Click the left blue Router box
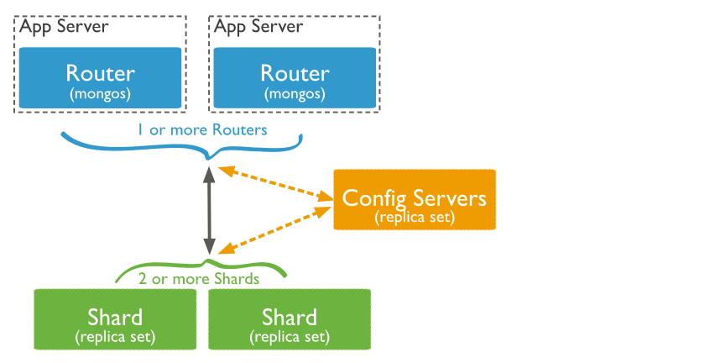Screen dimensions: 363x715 click(x=100, y=77)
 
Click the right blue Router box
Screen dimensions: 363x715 click(x=295, y=77)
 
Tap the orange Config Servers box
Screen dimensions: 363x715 click(x=415, y=199)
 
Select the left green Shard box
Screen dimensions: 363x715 click(x=114, y=319)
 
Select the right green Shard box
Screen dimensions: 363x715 click(x=289, y=319)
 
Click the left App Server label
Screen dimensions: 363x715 click(x=64, y=26)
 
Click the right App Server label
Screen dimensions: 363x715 click(x=258, y=26)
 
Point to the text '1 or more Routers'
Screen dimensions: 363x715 click(x=202, y=130)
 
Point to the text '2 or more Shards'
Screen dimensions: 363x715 click(x=199, y=278)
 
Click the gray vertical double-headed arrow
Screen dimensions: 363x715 click(x=208, y=210)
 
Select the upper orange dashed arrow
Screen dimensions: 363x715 click(x=274, y=183)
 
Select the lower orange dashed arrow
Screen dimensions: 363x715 click(x=274, y=229)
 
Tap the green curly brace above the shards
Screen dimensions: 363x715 click(x=134, y=271)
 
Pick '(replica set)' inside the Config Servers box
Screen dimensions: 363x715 click(x=415, y=217)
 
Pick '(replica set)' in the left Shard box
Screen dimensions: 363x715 click(x=114, y=337)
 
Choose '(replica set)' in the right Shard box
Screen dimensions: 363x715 click(x=289, y=337)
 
